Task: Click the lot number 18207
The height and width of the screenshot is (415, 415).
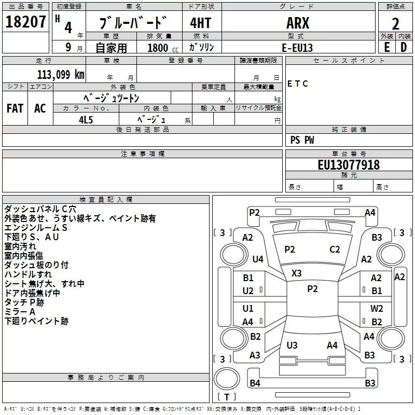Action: pos(25,22)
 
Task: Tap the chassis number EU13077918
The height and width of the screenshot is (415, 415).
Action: pos(349,165)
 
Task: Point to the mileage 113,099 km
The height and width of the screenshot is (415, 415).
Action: pos(61,74)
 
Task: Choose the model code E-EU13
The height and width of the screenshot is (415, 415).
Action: pos(297,47)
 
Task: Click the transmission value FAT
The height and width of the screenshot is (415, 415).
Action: pos(15,108)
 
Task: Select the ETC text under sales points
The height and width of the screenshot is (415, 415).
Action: pos(298,84)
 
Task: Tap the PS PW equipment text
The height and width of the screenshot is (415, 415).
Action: pos(302,140)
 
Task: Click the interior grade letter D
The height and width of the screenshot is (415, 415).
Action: pos(403,47)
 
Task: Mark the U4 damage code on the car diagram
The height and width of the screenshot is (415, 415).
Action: pos(258,259)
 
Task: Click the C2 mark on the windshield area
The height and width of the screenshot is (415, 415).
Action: pos(335,249)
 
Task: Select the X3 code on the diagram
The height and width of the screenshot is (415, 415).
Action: pos(296,273)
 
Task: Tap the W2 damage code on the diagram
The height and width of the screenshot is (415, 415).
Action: pos(377,309)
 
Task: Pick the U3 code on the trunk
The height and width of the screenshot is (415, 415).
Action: pos(292,345)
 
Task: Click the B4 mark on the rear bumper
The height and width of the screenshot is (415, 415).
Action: pos(255,383)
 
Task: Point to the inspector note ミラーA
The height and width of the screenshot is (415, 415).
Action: pos(20,311)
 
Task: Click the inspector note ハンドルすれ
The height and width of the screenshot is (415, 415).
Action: pos(28,274)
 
